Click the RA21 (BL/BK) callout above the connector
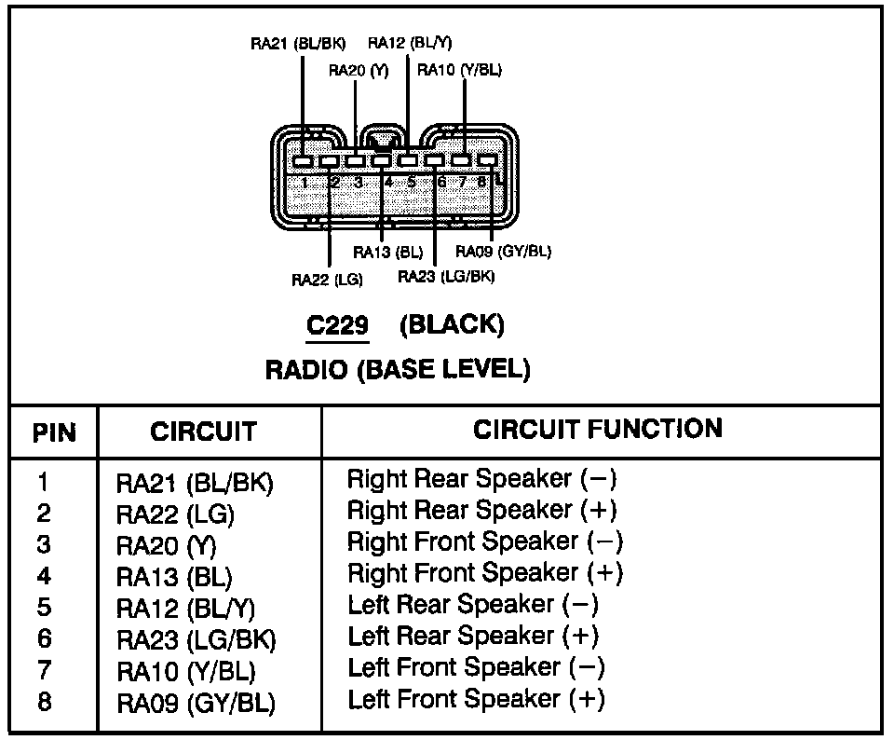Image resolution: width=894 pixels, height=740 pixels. (298, 44)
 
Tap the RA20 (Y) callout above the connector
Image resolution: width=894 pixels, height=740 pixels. (359, 71)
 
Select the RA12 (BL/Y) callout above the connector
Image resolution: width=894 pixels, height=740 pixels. (410, 43)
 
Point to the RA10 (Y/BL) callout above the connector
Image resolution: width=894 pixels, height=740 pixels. (459, 70)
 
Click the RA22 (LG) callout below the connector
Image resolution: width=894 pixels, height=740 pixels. (327, 280)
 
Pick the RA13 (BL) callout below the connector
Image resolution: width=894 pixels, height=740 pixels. (388, 252)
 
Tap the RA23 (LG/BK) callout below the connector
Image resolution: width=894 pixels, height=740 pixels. (446, 277)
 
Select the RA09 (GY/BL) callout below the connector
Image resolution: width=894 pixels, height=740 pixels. (504, 251)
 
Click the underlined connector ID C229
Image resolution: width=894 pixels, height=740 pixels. (337, 325)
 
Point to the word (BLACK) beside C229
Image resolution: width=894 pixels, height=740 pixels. (453, 325)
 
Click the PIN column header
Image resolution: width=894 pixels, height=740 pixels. (54, 433)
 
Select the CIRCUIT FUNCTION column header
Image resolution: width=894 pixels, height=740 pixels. (598, 430)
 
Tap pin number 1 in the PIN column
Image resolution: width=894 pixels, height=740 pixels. (43, 482)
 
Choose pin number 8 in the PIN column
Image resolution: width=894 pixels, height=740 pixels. (44, 702)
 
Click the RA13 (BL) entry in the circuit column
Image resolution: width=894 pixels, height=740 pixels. (174, 577)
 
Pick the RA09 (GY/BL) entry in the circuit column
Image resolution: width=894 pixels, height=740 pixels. (196, 703)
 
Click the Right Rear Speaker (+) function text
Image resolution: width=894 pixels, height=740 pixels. (482, 510)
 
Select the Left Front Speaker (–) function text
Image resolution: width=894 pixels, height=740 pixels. (477, 667)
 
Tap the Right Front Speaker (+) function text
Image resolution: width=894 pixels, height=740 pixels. (485, 573)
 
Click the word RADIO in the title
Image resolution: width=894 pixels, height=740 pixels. (306, 370)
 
